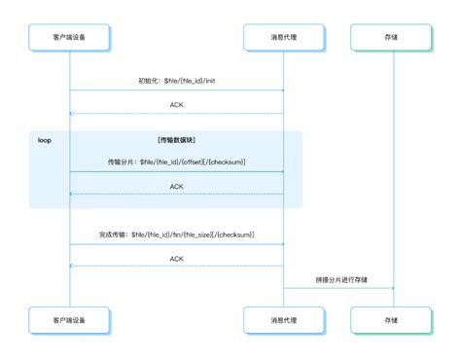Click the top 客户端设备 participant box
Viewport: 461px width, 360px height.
pos(70,36)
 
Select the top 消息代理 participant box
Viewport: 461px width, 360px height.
pos(283,36)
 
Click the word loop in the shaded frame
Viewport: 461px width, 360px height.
pos(44,140)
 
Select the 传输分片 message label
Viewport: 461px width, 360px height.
pos(177,162)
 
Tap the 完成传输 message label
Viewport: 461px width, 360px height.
pos(177,234)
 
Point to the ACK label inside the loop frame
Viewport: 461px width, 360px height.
pos(177,186)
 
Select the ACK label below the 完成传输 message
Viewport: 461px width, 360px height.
pos(177,259)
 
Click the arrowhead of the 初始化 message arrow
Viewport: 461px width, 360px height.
pos(280,90)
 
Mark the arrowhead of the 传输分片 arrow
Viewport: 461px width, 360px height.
pos(280,172)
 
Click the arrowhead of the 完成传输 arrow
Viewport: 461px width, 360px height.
pos(280,245)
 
